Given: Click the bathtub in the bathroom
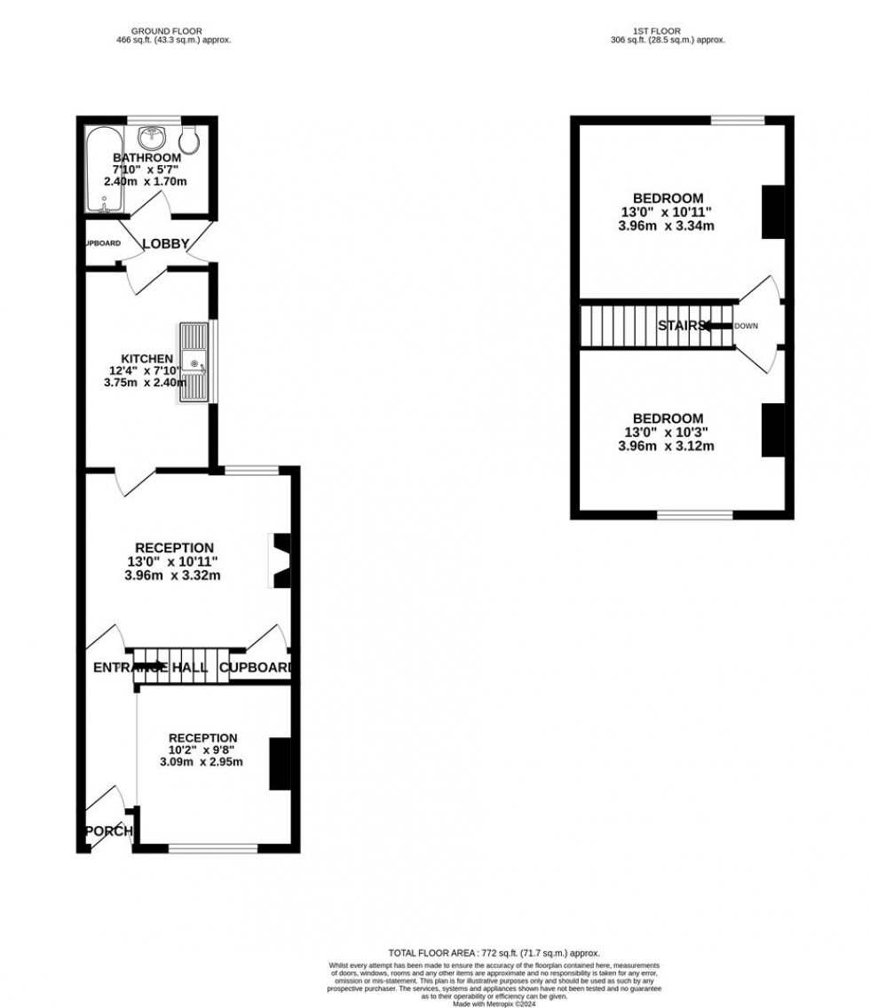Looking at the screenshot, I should [x=98, y=169].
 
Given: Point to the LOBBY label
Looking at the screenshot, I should [x=166, y=243].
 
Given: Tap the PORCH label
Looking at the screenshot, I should [x=108, y=831].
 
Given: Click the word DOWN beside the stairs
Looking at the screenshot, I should [x=746, y=326].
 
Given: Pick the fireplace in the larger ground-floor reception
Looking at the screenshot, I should [x=281, y=560].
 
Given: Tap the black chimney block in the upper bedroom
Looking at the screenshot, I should [x=773, y=211].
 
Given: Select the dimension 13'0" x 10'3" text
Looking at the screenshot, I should [x=668, y=432].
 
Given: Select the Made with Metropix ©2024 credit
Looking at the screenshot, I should [x=494, y=1004].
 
